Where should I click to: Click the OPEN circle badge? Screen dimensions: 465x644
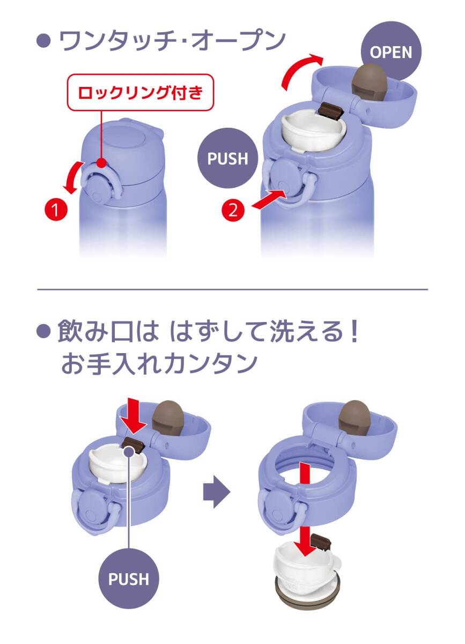391,52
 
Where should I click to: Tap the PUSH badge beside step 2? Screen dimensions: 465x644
227,158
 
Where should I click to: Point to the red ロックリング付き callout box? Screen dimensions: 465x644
141,92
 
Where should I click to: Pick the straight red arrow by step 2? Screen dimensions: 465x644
270,199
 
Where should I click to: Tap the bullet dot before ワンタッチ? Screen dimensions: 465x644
44,41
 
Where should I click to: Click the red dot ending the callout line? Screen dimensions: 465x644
101,163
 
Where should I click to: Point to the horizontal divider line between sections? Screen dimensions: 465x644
233,289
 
